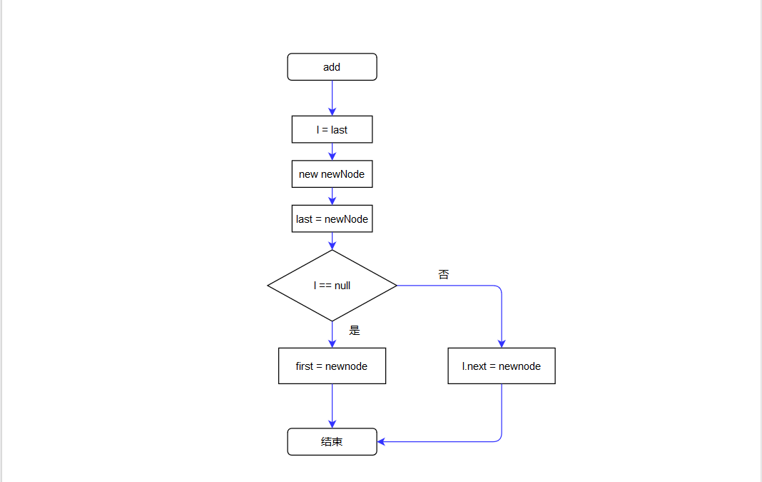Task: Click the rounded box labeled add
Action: tap(332, 67)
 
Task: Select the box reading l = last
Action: tap(332, 130)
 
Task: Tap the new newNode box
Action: tap(332, 174)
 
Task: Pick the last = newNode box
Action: tap(332, 219)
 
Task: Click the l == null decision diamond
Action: tap(332, 286)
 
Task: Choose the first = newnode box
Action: tap(332, 366)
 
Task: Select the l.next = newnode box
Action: tap(502, 366)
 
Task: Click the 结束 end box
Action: tap(332, 442)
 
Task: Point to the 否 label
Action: tap(444, 274)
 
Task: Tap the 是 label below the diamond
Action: tap(355, 331)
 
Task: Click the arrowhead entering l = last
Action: tap(332, 111)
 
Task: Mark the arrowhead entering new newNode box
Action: tap(332, 156)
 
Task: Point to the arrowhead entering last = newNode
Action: tap(332, 201)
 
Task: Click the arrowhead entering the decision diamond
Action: tap(332, 245)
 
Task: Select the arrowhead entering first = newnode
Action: tap(332, 343)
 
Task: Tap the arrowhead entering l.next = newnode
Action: tap(502, 343)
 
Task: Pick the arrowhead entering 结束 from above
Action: tap(332, 423)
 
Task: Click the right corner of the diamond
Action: tap(395, 286)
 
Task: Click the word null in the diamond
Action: tap(342, 286)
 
